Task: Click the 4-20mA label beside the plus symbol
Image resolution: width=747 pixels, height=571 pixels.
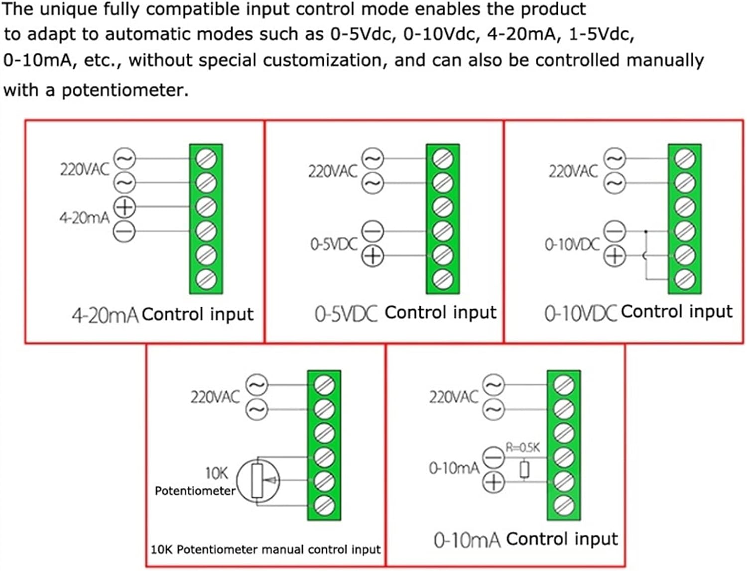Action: click(x=84, y=218)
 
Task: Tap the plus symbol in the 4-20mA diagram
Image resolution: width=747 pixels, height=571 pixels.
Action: click(x=124, y=206)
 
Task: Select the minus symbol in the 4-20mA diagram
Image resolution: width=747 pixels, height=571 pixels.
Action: click(x=124, y=231)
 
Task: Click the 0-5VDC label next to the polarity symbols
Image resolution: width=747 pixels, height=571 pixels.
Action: click(x=334, y=244)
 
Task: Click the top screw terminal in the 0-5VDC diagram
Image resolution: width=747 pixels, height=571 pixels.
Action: click(x=443, y=159)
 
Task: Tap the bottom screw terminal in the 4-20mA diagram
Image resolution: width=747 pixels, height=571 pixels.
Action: click(x=206, y=279)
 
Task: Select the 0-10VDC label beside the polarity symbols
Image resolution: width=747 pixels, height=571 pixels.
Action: click(x=572, y=244)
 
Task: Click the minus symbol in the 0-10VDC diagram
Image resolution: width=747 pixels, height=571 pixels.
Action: click(x=615, y=231)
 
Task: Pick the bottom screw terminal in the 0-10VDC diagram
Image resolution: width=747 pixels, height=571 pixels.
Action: click(x=684, y=279)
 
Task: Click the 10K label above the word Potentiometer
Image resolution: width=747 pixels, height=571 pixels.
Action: click(x=217, y=472)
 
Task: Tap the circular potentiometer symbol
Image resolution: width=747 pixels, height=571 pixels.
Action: click(x=257, y=481)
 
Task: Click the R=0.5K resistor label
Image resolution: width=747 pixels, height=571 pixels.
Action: click(x=522, y=448)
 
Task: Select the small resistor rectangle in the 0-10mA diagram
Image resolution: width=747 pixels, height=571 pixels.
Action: click(x=524, y=469)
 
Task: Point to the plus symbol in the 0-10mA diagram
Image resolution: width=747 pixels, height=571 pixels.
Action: click(x=494, y=482)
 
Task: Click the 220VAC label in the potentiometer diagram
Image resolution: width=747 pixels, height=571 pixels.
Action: click(x=215, y=397)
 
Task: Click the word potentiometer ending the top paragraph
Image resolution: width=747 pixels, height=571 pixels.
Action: click(x=124, y=91)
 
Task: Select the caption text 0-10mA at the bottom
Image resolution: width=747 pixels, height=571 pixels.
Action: click(x=467, y=540)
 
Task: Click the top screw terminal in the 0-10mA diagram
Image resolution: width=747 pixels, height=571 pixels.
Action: click(x=564, y=384)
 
